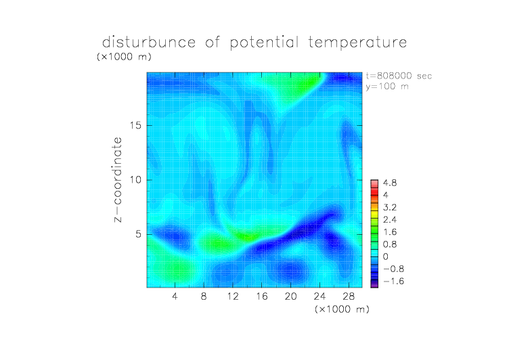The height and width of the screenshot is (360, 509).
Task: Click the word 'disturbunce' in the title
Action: point(149,43)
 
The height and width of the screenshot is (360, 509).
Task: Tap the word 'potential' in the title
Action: point(264,43)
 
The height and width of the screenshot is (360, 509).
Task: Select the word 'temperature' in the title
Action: point(357,43)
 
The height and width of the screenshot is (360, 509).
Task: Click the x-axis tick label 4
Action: point(175,296)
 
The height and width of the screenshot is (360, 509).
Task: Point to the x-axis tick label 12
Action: point(233,296)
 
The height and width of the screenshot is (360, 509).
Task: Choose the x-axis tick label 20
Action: point(290,296)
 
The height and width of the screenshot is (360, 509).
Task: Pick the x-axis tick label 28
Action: point(349,296)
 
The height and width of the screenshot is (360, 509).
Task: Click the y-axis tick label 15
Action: point(135,125)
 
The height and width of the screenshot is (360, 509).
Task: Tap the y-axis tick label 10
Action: point(135,180)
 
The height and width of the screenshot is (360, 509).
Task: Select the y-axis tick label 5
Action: point(139,234)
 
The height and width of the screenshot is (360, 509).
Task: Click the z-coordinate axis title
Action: point(118,180)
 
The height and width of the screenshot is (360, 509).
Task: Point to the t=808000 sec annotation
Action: point(399,76)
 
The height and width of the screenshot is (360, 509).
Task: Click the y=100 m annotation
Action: point(387,87)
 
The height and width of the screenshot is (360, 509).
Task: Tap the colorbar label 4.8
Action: point(390,183)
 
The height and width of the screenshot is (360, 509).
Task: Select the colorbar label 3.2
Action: point(390,208)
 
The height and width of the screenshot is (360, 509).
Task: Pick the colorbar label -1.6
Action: point(393,281)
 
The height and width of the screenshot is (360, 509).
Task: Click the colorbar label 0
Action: point(386,256)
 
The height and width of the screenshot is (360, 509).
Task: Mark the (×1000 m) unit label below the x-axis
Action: point(342,309)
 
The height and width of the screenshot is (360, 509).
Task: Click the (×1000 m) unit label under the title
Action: point(124,57)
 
